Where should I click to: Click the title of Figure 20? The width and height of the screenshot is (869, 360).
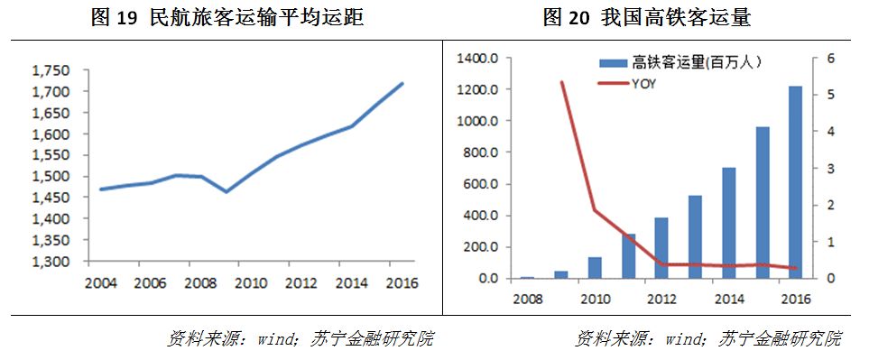[x=647, y=18]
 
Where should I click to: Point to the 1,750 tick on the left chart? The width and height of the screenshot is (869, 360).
[x=51, y=71]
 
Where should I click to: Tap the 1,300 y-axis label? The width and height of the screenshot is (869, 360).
[x=51, y=262]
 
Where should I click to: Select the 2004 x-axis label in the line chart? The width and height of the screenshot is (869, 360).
[x=101, y=282]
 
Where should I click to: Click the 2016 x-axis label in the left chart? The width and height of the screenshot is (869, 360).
[x=401, y=282]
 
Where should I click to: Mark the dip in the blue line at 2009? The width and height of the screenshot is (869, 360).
[x=226, y=191]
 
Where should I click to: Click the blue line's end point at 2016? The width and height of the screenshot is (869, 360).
[x=402, y=84]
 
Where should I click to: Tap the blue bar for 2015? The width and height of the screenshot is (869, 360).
[x=762, y=202]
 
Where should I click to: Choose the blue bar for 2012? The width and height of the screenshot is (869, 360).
[x=661, y=248]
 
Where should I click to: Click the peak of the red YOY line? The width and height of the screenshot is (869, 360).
[x=561, y=82]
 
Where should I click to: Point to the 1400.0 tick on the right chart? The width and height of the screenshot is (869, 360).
[x=477, y=59]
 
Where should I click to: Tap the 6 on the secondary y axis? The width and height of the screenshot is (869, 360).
[x=831, y=59]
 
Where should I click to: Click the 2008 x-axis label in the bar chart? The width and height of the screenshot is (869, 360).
[x=528, y=299]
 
